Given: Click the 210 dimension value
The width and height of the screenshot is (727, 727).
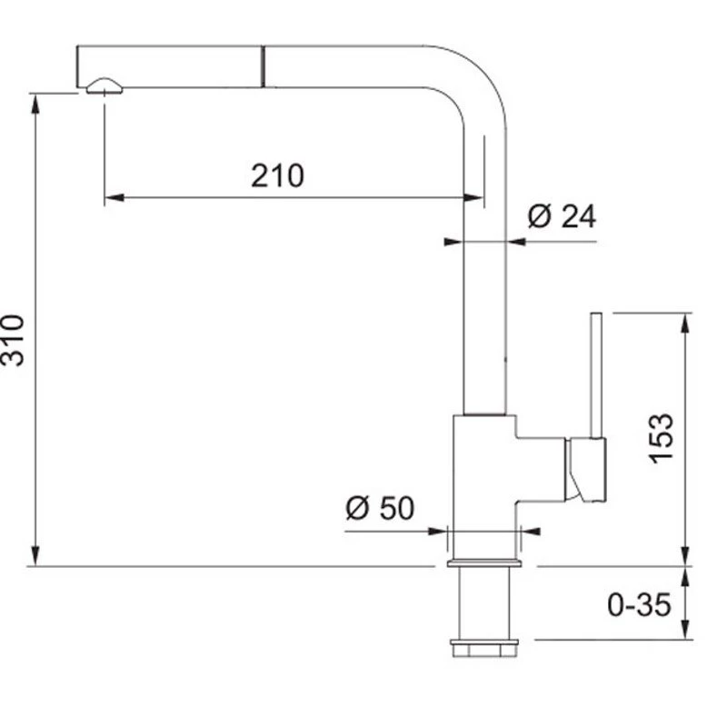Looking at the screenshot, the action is point(277,175).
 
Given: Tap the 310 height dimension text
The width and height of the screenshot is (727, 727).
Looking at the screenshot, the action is point(13,341).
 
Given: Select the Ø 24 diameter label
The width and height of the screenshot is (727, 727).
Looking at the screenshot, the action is point(562,216).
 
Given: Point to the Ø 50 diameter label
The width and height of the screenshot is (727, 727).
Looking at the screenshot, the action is point(380,508).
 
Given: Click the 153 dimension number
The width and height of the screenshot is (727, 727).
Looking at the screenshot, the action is point(661,438).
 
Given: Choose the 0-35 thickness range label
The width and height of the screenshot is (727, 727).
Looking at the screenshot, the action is point(639,604).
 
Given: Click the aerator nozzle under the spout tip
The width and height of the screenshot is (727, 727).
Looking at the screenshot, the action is point(105,86).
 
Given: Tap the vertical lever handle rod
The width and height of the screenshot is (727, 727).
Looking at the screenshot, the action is point(596,375).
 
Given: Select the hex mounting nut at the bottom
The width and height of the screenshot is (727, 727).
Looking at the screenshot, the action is point(484,648).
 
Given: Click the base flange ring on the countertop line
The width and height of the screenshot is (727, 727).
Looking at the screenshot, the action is point(484,563).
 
